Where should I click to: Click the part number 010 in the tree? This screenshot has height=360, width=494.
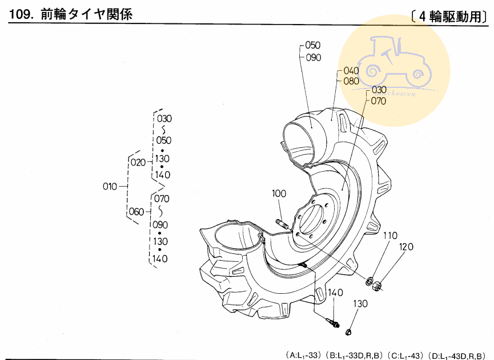pos(110,187)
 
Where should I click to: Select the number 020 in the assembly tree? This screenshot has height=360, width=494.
pos(138,163)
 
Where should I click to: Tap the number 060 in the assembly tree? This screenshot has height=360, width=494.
pos(136,212)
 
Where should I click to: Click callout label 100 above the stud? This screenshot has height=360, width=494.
pos(279,193)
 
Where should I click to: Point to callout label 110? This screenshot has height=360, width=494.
pos(390,236)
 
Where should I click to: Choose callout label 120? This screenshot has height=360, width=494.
pos(406,246)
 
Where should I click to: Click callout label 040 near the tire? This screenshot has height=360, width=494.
pos(351,71)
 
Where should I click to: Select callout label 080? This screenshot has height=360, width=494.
pos(351,81)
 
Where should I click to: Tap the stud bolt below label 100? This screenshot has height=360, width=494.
pos(282,224)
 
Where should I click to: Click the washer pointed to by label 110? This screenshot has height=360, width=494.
pos(370,281)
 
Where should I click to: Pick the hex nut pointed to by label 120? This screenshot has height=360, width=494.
pos(377,286)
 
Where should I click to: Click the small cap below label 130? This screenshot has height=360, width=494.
pos(348,331)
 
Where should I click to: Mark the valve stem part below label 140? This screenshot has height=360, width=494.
pos(333,323)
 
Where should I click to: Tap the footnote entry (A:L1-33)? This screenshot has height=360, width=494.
pos(303,355)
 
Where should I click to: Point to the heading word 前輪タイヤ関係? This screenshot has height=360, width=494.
pos(87,14)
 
